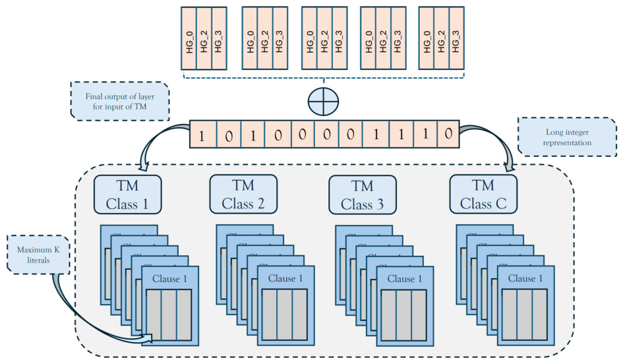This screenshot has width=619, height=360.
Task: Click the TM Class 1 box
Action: click(x=127, y=195)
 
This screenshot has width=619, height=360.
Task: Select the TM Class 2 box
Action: click(x=243, y=195)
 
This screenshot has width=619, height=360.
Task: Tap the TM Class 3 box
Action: click(x=362, y=195)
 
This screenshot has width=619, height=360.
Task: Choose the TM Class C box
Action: click(x=483, y=195)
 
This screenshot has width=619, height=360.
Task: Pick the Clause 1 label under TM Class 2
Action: click(x=285, y=278)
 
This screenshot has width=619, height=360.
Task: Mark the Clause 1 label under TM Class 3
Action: click(x=405, y=278)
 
